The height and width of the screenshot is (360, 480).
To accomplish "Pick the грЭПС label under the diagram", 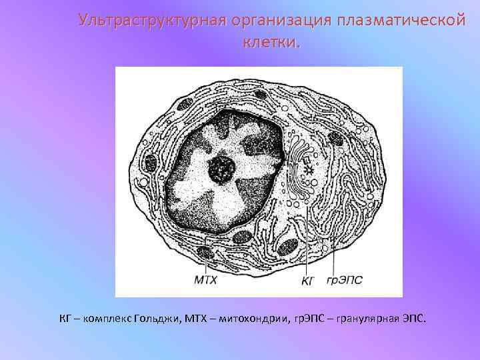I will point(345,281).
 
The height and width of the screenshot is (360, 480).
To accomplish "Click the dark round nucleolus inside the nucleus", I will point(219,169).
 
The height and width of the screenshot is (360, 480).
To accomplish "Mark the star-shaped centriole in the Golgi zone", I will point(307,171).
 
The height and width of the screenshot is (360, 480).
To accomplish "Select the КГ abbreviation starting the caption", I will point(65,318).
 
